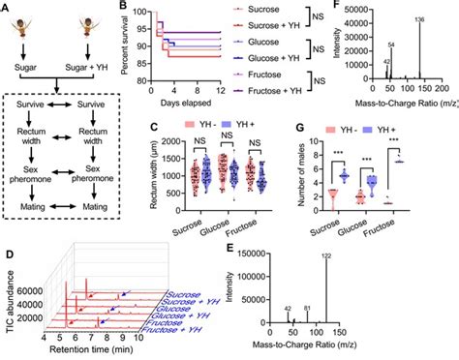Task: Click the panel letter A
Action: [6, 6]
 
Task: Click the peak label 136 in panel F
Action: [418, 19]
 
